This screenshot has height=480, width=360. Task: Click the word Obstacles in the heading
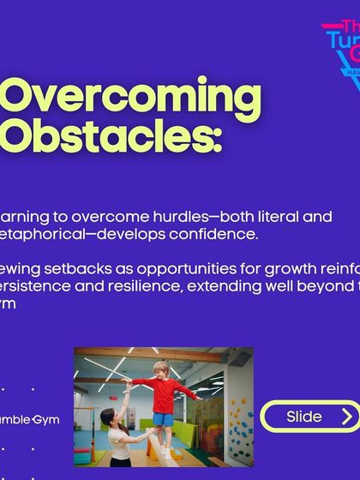click(x=98, y=136)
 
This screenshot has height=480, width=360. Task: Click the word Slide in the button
click(x=304, y=417)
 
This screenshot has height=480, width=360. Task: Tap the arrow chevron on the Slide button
click(x=345, y=417)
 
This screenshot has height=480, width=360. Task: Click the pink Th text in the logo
click(x=346, y=28)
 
